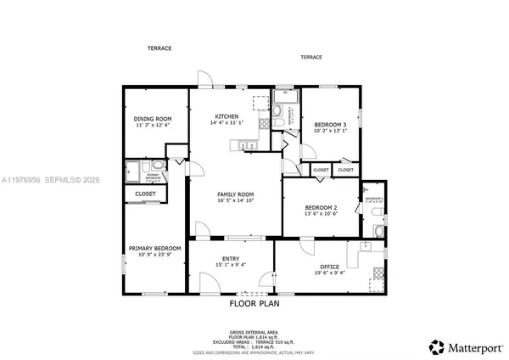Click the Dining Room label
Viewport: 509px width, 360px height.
point(154,119)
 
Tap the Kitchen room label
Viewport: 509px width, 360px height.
point(227,116)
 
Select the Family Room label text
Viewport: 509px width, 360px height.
point(235,194)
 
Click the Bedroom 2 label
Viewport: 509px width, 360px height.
point(322,208)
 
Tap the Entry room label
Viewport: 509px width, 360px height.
point(231,259)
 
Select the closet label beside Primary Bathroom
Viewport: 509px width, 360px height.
point(145,194)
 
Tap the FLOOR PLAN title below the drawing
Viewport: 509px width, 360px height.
point(255,303)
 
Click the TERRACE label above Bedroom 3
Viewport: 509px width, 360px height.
point(310,57)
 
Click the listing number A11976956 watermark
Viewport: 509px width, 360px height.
point(25,180)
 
